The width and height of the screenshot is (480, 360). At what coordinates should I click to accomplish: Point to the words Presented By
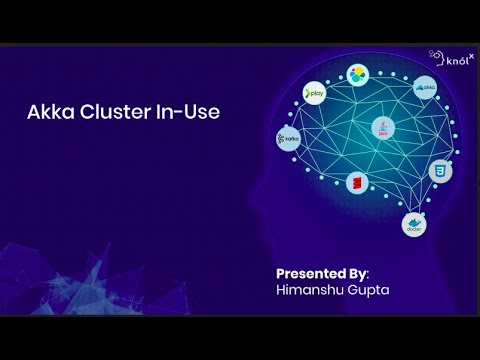[321, 272]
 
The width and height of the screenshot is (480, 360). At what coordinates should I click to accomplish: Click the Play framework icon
[316, 93]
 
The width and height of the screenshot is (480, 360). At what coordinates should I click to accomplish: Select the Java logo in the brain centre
[379, 128]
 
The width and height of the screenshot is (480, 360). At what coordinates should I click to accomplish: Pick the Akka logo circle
[425, 87]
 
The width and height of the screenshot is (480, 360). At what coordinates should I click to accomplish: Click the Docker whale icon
[413, 225]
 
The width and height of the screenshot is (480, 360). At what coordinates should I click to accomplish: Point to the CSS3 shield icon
[435, 171]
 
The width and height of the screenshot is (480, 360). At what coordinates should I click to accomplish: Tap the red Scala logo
[355, 182]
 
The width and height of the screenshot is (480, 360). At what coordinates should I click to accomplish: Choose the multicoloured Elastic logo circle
[358, 73]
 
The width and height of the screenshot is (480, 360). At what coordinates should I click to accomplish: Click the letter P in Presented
[280, 272]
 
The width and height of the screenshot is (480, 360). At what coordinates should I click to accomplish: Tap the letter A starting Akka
[33, 113]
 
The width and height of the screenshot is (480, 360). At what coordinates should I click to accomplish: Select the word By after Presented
[358, 272]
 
